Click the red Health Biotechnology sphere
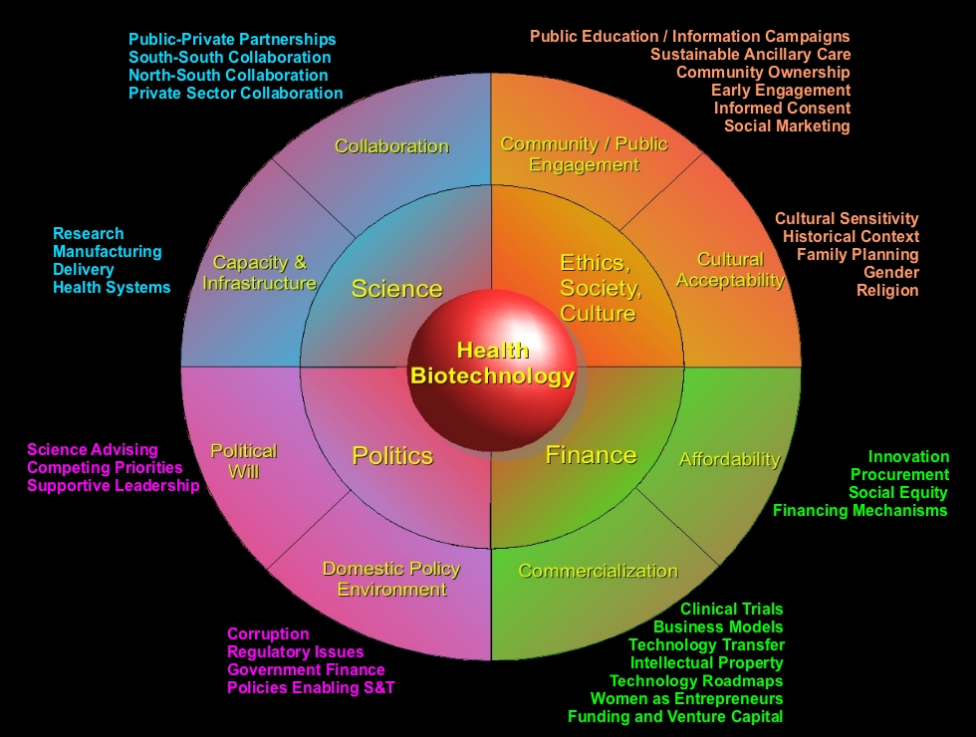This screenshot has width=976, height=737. pyautogui.click(x=492, y=363)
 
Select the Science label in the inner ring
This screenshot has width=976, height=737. pyautogui.click(x=396, y=289)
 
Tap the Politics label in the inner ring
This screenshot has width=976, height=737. pyautogui.click(x=392, y=455)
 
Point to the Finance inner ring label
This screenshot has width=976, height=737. pyautogui.click(x=591, y=455)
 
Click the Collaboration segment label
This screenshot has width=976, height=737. pyautogui.click(x=391, y=146)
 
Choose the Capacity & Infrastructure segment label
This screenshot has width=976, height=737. pyautogui.click(x=259, y=273)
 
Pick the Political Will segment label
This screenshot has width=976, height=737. pyautogui.click(x=243, y=461)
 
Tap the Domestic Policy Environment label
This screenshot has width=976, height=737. pyautogui.click(x=391, y=579)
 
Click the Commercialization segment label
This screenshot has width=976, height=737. pyautogui.click(x=598, y=571)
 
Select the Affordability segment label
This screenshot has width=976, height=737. pyautogui.click(x=729, y=459)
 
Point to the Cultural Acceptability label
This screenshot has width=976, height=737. pyautogui.click(x=730, y=270)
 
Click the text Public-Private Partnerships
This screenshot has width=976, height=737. pyautogui.click(x=232, y=40)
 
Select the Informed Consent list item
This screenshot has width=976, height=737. pyautogui.click(x=782, y=108)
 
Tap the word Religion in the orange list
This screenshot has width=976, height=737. pyautogui.click(x=887, y=291)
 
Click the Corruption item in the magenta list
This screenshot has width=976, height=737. pyautogui.click(x=268, y=633)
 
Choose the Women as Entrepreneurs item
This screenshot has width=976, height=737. pyautogui.click(x=686, y=699)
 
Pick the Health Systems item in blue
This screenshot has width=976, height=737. pyautogui.click(x=112, y=288)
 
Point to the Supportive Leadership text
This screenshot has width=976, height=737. pyautogui.click(x=113, y=486)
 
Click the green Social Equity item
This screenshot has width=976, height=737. pyautogui.click(x=897, y=493)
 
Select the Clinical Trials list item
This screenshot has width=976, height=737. pyautogui.click(x=731, y=610)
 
